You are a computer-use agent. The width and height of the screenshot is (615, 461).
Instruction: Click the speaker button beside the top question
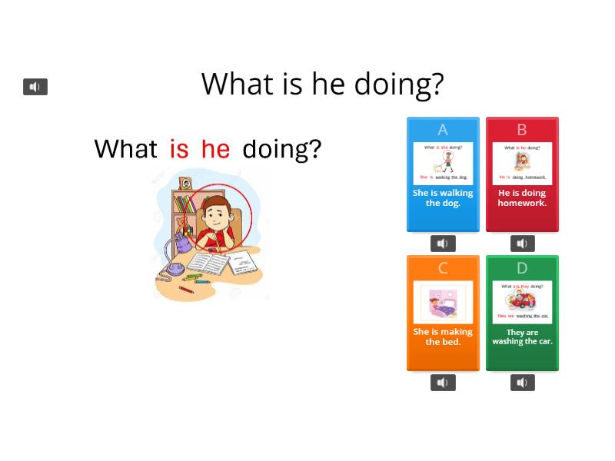click(x=35, y=87)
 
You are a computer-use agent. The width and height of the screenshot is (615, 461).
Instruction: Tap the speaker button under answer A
click(x=443, y=244)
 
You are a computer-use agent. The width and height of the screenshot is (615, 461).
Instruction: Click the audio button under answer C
click(x=443, y=383)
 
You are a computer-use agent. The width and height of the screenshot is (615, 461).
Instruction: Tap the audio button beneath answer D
click(x=522, y=383)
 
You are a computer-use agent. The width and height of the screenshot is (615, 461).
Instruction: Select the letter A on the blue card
click(x=443, y=130)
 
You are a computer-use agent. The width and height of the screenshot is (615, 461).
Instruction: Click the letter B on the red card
click(x=522, y=130)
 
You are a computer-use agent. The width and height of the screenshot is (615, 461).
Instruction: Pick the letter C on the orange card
click(x=443, y=268)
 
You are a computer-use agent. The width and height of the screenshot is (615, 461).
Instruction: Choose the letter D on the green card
click(x=522, y=268)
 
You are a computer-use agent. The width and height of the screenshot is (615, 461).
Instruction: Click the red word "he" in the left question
click(x=215, y=149)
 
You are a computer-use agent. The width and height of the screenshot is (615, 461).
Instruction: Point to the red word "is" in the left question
click(x=179, y=149)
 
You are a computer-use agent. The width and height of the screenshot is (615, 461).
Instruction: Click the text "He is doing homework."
click(x=522, y=198)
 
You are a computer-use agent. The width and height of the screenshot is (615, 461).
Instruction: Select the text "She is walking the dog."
click(x=443, y=198)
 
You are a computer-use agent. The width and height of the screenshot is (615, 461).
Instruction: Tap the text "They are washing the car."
click(x=522, y=337)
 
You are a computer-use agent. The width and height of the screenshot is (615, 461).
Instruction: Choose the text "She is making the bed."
click(x=443, y=337)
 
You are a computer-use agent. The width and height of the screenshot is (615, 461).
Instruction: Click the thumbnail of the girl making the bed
click(x=443, y=302)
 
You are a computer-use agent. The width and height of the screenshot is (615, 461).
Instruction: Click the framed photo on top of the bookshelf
click(x=186, y=184)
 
